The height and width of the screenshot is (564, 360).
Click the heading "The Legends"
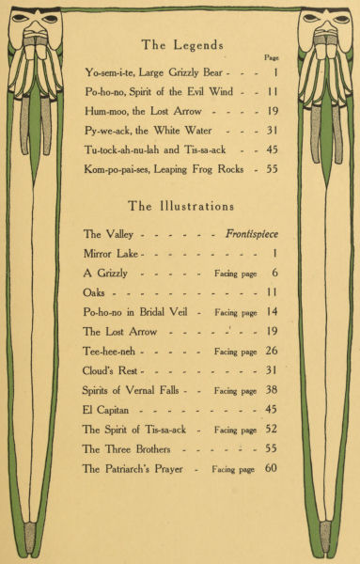click(182, 44)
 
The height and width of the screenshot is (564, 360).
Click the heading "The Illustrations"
click(181, 206)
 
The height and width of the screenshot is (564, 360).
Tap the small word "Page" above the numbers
click(273, 57)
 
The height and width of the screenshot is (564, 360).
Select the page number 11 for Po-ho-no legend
click(272, 93)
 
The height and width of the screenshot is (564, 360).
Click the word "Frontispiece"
click(252, 234)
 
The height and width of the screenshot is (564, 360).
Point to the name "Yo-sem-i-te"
click(108, 72)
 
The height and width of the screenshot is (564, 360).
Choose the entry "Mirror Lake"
click(111, 254)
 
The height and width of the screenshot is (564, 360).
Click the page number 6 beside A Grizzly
click(274, 274)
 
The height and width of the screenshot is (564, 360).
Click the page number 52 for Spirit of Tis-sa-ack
click(272, 430)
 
